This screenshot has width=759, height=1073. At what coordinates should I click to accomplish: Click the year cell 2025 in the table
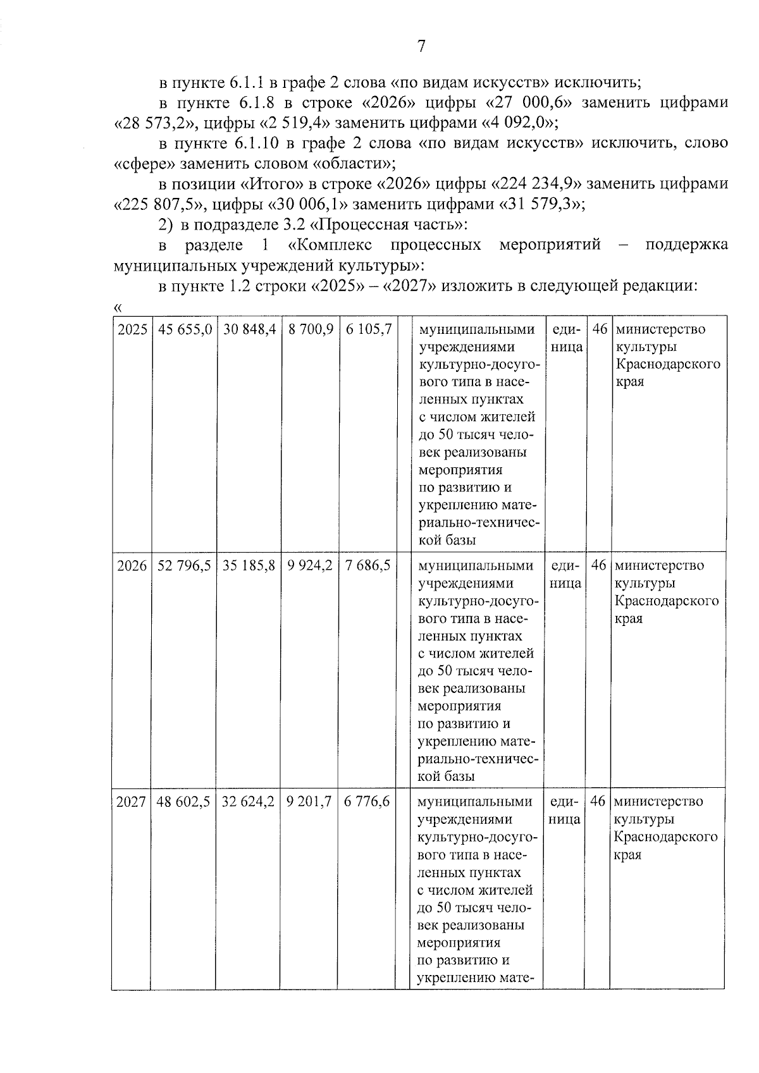click(x=132, y=329)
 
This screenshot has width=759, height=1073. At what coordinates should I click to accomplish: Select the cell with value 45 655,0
click(x=185, y=329)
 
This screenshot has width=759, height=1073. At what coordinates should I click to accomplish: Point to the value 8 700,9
click(x=311, y=329)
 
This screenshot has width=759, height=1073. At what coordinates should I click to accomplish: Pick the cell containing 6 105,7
click(x=368, y=329)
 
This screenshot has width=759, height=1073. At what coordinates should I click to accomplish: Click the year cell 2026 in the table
click(x=132, y=565)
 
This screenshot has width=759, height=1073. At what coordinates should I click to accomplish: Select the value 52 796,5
click(x=184, y=565)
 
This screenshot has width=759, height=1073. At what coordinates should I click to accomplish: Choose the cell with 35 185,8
click(x=249, y=565)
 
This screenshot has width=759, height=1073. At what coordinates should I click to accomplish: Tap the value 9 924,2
click(x=310, y=565)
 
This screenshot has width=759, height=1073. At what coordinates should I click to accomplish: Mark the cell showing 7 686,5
click(x=367, y=565)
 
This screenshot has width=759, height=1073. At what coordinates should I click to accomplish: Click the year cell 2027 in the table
click(x=131, y=802)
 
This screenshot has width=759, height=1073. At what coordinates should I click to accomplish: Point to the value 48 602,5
click(x=183, y=802)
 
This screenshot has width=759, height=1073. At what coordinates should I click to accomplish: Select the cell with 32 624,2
click(x=248, y=802)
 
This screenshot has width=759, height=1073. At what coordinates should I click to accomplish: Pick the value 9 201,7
click(x=309, y=802)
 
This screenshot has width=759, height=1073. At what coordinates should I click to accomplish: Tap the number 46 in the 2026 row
click(x=598, y=565)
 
